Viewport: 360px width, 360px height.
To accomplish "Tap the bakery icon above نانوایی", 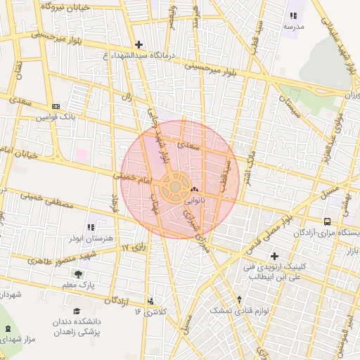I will tap(195, 189).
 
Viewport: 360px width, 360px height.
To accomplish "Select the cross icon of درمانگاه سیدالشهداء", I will tap(139, 44).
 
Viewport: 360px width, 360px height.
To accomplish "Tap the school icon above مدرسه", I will tap(293, 15).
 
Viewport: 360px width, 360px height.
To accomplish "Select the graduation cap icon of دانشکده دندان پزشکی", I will tap(76, 311).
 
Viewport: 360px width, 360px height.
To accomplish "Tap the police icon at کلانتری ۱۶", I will tap(151, 301).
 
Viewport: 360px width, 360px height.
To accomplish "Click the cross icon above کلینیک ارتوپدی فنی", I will tap(274, 256).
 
